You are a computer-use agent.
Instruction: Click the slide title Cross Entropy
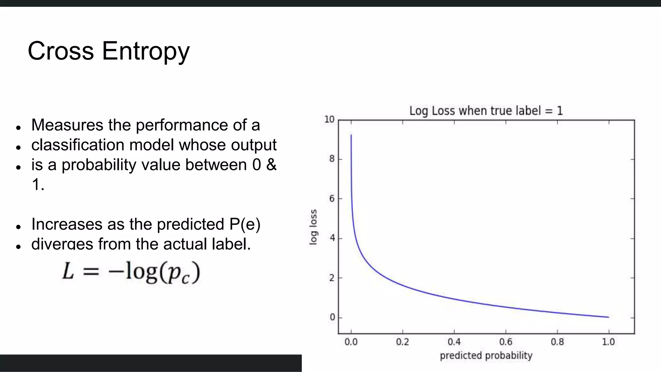tap(109, 51)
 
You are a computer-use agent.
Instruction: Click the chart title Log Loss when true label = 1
tap(486, 111)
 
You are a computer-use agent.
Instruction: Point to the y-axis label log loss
tap(313, 227)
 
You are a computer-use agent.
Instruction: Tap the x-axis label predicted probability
tap(486, 356)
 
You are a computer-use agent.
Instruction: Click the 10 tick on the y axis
tap(329, 119)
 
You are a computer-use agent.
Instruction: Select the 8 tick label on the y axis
tap(332, 159)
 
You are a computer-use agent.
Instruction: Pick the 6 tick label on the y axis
tap(332, 199)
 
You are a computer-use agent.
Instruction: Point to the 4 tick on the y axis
tap(332, 238)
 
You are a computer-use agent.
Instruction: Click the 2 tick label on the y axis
tap(332, 278)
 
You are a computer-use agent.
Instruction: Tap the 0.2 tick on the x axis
tap(402, 342)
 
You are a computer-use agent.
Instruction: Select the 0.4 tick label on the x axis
tap(454, 342)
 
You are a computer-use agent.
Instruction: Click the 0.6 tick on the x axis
tap(506, 342)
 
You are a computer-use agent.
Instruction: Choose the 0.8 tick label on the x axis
tap(557, 342)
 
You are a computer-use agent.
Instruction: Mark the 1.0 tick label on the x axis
tap(608, 342)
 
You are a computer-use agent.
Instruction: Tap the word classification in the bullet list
tap(77, 145)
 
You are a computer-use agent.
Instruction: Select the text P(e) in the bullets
tap(245, 224)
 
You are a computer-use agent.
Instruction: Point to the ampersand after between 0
tap(271, 165)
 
